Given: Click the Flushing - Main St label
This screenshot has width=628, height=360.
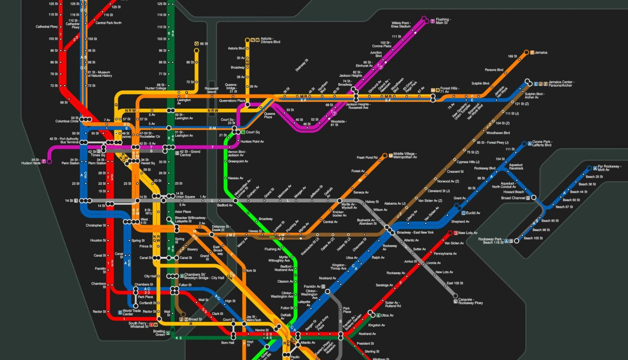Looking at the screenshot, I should (443, 21).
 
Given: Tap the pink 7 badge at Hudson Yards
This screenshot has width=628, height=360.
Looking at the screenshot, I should (44, 161).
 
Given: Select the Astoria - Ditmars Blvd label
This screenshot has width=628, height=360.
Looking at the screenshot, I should (270, 40).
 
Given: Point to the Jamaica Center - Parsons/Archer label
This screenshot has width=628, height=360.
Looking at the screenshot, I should (561, 84).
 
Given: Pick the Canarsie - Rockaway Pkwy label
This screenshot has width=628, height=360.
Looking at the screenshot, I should (471, 301).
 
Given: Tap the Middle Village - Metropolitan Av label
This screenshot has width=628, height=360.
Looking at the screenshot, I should (405, 155).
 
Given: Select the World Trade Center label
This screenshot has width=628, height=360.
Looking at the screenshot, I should (132, 312).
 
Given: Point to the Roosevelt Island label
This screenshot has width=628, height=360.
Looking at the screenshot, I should (211, 90).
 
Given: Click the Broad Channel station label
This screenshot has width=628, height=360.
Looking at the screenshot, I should (513, 198).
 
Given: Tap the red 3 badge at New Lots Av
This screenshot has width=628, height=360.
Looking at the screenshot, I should (455, 233).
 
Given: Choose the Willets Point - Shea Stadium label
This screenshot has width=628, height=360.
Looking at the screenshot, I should (401, 25).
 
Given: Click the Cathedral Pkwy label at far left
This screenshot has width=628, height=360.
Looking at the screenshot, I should (47, 27).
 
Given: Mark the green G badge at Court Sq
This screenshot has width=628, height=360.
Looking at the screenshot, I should (243, 132).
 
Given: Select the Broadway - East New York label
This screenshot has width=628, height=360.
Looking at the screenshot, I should (415, 233).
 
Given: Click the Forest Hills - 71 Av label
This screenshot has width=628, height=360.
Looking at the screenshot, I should (450, 90).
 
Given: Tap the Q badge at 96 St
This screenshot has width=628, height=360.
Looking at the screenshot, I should (197, 44).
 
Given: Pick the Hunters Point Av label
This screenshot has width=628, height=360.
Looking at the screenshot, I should (252, 141).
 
